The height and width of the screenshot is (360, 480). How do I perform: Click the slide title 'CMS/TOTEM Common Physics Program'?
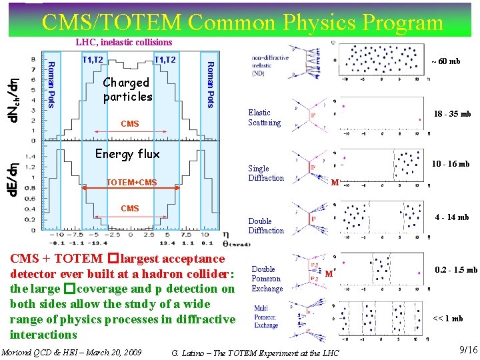pos(242,23)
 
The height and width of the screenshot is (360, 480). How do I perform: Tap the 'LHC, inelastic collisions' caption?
pos(123,43)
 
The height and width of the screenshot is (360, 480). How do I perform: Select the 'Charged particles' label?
pos(127,89)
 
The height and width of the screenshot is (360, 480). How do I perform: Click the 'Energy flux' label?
pos(127,154)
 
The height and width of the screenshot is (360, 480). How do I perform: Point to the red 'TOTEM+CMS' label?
pos(132,183)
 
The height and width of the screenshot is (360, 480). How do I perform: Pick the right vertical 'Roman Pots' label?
pos(210,83)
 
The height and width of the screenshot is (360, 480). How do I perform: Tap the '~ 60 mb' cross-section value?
pos(445,61)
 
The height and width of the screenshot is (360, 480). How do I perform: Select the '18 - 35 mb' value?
pos(452,114)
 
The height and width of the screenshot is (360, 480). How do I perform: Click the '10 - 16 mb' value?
pos(450,164)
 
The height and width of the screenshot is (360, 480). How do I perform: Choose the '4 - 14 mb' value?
pos(451,217)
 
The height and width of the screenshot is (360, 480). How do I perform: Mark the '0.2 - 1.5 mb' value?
pos(455,270)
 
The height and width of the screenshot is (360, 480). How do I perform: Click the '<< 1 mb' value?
pos(448,319)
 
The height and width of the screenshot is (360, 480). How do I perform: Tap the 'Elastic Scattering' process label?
pos(265,118)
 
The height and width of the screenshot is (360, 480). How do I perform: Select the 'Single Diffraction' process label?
pos(266,173)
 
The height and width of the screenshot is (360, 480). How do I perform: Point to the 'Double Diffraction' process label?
pos(266,226)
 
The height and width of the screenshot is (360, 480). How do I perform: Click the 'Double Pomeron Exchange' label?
pos(267,279)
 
